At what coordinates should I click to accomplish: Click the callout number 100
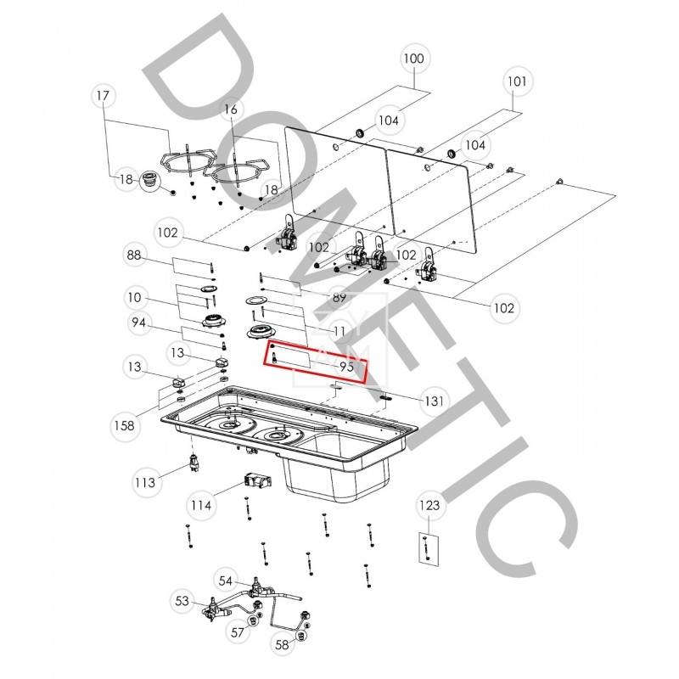(413, 59)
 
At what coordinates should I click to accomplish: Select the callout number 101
(517, 81)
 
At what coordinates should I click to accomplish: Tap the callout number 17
(103, 95)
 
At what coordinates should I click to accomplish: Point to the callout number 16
(231, 109)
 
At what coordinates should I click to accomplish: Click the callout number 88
(134, 255)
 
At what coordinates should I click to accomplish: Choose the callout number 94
(138, 323)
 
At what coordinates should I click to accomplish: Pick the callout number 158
(124, 426)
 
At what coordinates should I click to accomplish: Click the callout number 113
(145, 482)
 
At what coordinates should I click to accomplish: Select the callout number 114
(201, 505)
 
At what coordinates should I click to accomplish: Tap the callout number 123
(429, 505)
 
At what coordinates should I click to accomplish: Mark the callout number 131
(434, 401)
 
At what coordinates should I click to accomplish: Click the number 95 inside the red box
(347, 367)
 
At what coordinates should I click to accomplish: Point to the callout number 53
(182, 601)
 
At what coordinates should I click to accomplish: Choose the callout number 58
(282, 645)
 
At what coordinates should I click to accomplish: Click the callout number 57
(238, 632)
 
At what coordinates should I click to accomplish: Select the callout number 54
(226, 581)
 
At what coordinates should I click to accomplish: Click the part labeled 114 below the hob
(258, 480)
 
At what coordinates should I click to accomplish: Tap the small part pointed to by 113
(194, 462)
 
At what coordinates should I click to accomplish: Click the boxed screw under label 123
(427, 547)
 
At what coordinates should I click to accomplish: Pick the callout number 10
(135, 298)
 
